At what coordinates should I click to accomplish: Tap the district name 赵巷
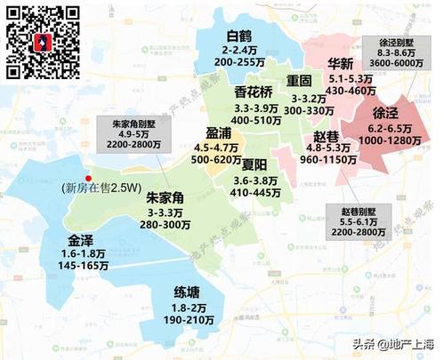(327, 137)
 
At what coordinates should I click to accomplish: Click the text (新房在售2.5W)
(102, 188)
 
